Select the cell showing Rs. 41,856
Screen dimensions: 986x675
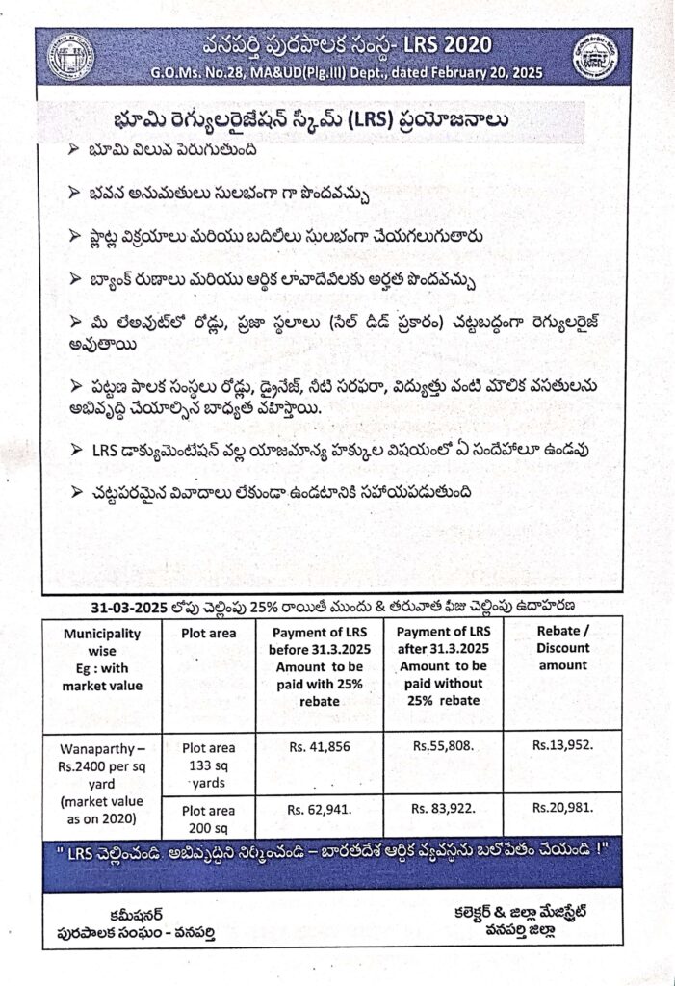coord(318,745)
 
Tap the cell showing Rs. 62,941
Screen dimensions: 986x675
coord(319,810)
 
